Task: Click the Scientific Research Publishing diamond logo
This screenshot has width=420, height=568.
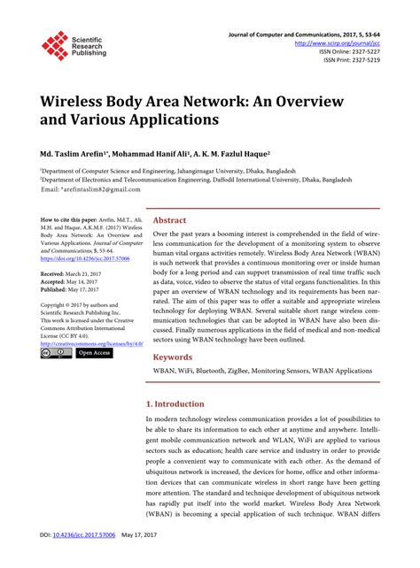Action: tap(54, 44)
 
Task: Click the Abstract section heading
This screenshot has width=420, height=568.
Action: tap(170, 220)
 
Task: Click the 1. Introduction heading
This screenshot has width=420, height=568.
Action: tap(181, 403)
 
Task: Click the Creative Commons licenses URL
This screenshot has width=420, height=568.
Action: tap(86, 341)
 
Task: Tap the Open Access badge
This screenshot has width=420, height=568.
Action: tap(94, 353)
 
